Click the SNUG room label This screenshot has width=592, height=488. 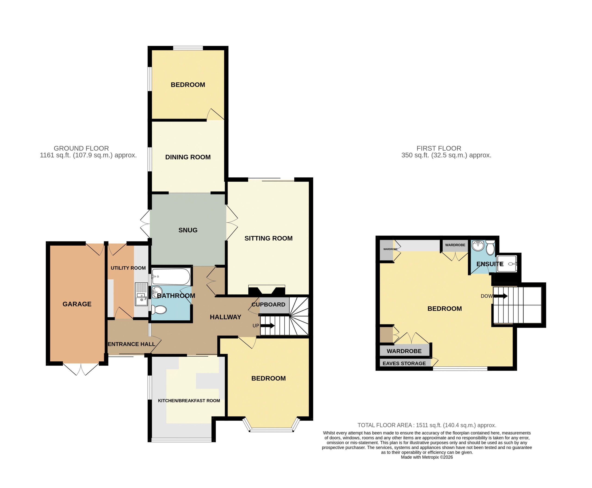188,230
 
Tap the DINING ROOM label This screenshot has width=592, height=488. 188,157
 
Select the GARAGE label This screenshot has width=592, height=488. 77,304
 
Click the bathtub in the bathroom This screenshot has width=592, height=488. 171,276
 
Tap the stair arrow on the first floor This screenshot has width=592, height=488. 501,296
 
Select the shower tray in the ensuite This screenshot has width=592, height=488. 506,264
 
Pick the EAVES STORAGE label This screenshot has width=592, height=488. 404,363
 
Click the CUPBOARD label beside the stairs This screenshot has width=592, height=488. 268,304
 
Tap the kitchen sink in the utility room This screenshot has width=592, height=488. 141,294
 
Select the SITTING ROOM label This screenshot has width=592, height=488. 268,238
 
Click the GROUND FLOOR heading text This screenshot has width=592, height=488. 81,148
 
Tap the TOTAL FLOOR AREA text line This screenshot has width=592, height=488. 427,425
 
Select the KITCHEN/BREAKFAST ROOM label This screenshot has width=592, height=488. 189,401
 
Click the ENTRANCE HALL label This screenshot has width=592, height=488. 132,344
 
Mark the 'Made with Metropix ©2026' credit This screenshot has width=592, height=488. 427,457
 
